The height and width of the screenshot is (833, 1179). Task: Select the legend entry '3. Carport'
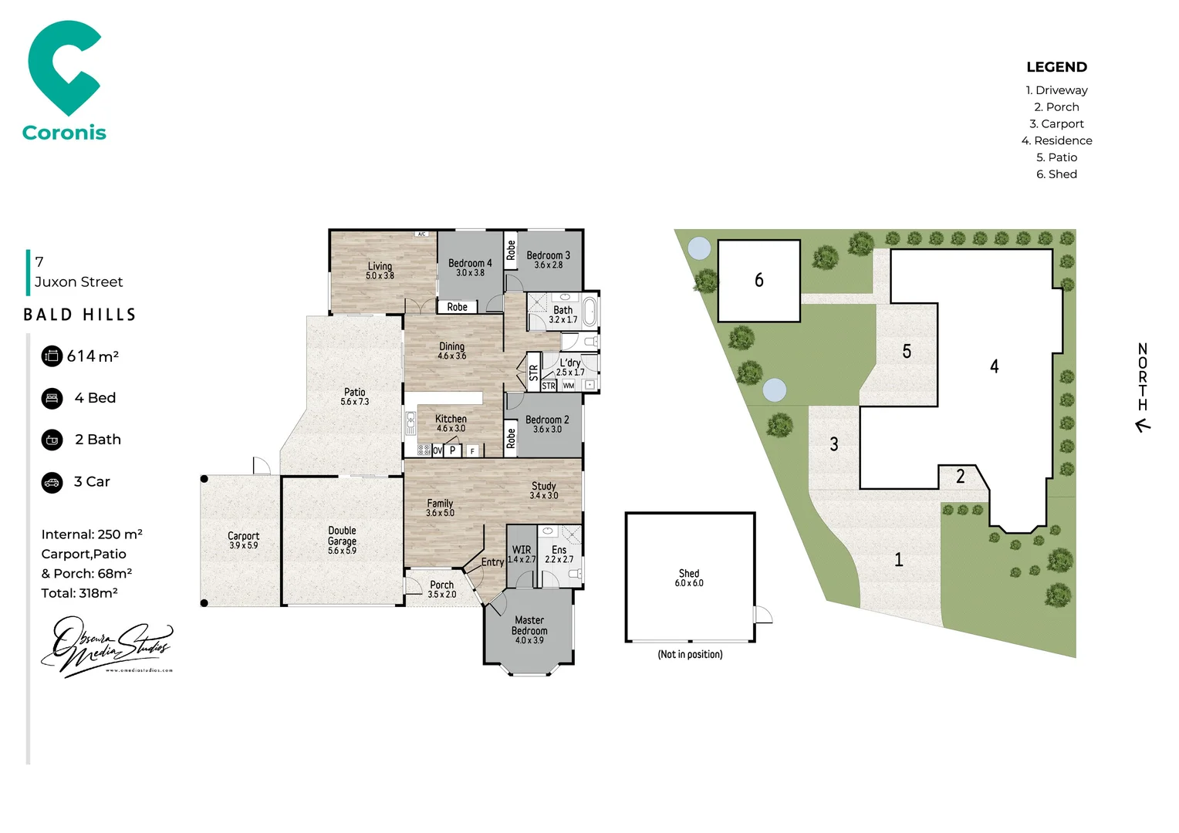1056,123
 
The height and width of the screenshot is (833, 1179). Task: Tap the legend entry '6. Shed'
1056,174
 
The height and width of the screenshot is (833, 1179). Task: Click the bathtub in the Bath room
590,312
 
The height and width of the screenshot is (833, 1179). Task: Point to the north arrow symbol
1143,425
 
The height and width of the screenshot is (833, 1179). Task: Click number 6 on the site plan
759,280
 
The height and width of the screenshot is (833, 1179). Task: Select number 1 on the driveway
898,559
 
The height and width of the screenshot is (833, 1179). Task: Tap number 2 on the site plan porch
961,477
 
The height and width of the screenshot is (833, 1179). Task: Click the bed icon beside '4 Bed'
52,398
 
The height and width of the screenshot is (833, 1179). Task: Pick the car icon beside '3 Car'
52,482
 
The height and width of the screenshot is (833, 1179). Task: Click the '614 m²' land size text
93,356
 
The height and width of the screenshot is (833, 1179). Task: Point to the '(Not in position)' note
690,654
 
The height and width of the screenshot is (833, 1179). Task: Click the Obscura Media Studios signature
106,646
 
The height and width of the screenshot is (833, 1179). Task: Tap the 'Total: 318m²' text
79,593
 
